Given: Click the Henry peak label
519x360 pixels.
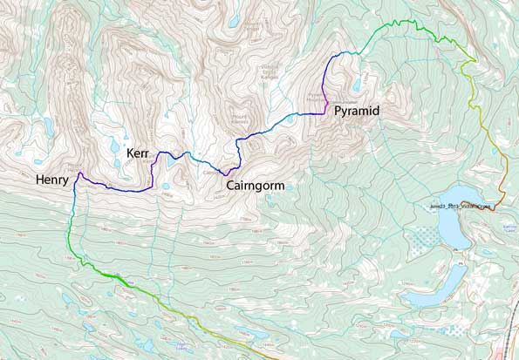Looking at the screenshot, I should tap(52, 180).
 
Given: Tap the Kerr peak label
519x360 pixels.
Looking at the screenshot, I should tap(138, 153).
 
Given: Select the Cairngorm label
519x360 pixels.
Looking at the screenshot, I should tap(256, 186).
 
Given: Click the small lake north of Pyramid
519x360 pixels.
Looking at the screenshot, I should tap(357, 85).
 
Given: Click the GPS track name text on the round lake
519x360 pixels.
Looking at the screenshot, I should tap(461, 207).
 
